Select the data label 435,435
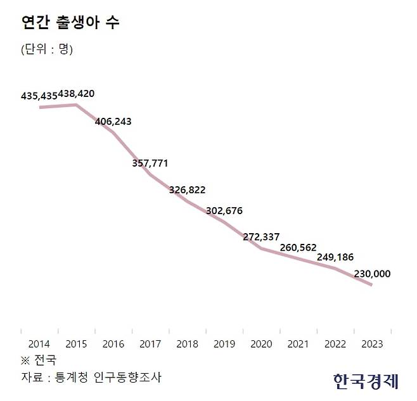[x=39, y=96]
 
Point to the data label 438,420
[x=76, y=94]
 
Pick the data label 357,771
[x=150, y=163]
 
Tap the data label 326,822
[x=187, y=190]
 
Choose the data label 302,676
[x=224, y=210]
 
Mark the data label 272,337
[x=261, y=238]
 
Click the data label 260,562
[x=298, y=247]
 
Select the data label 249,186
[x=335, y=257]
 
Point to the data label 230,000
[x=372, y=274]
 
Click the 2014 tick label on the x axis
[x=39, y=345]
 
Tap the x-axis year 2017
[x=150, y=345]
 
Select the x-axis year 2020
[x=261, y=345]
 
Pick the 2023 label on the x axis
[x=372, y=345]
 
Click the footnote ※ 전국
[x=39, y=361]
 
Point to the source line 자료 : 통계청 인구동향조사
[x=91, y=378]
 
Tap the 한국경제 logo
[x=365, y=380]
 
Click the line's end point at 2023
[x=371, y=285]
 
